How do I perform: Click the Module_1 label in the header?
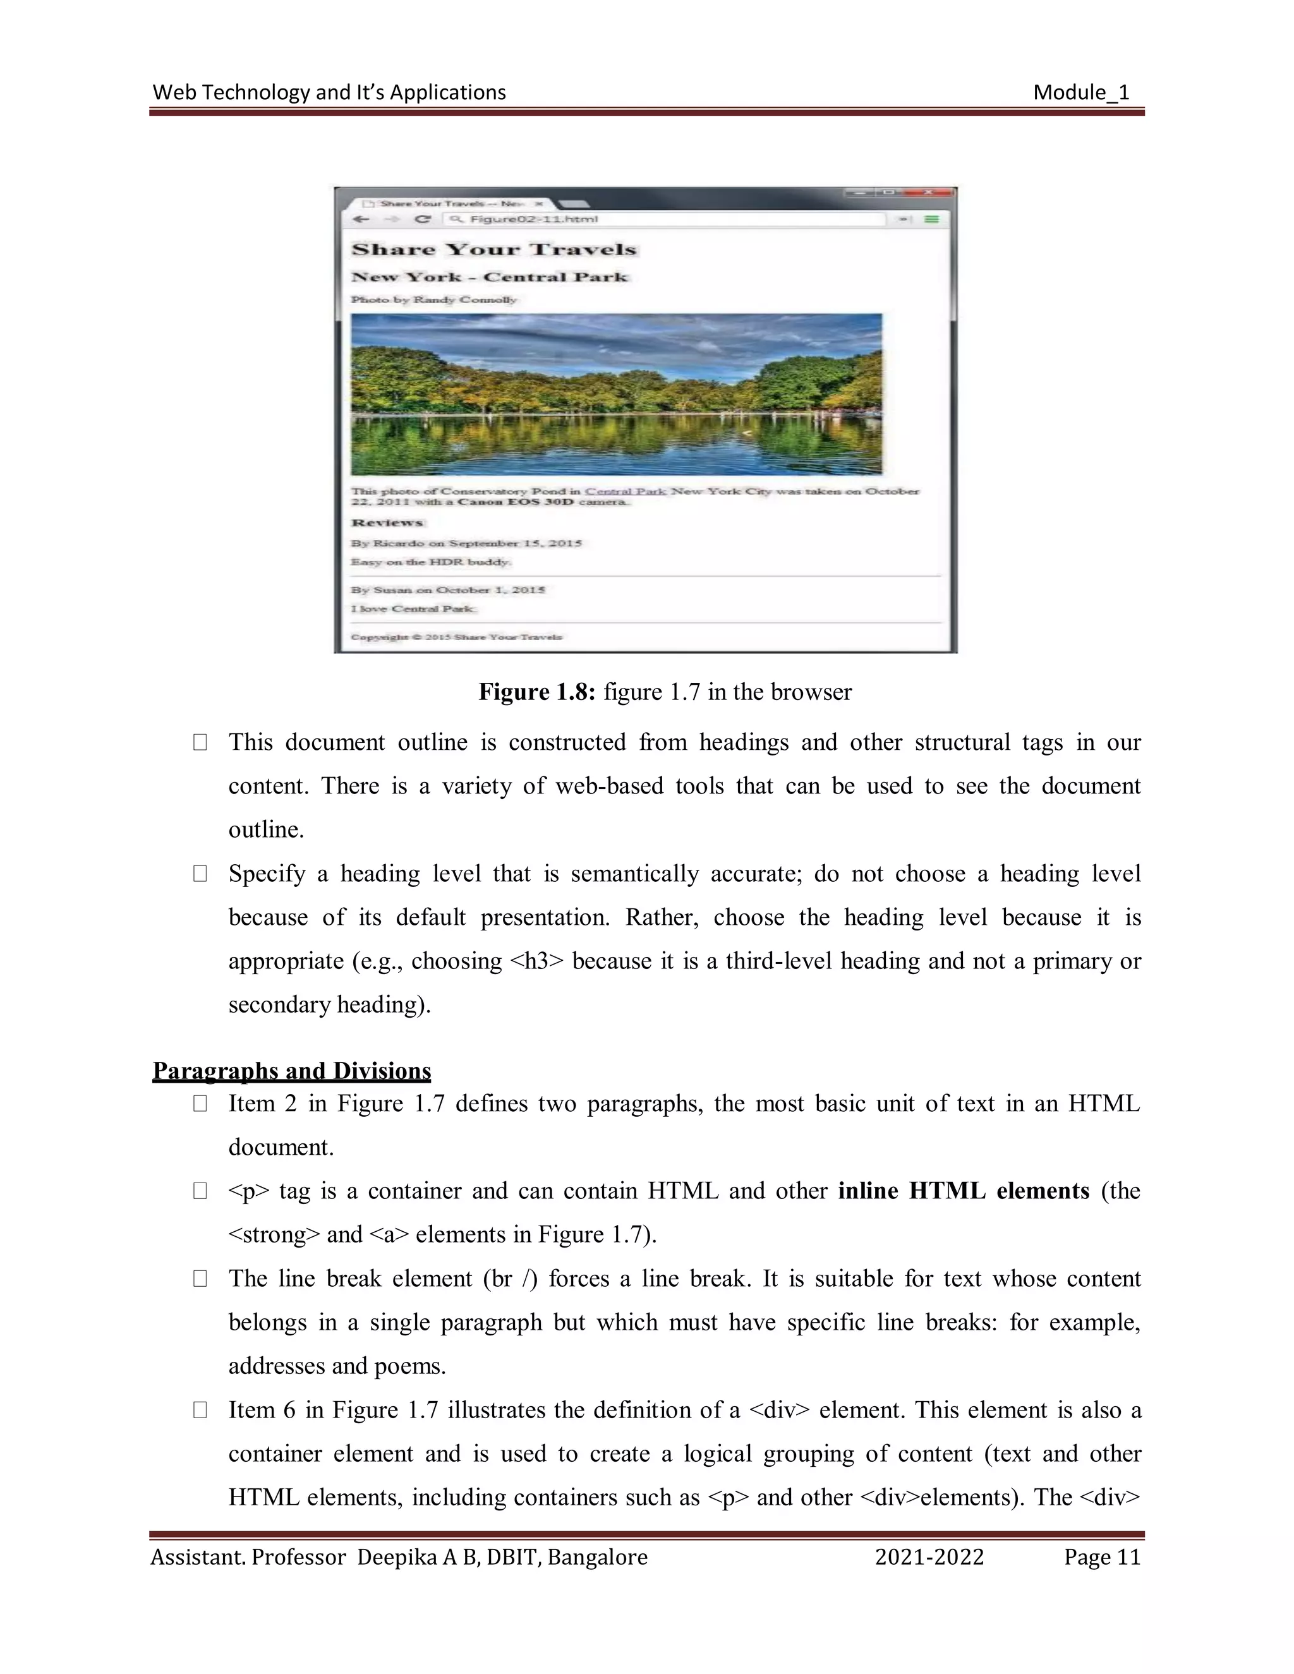pos(1081,93)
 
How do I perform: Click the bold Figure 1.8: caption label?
pos(536,692)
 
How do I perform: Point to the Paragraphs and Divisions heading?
pos(291,1070)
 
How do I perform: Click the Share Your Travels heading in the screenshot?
pos(493,250)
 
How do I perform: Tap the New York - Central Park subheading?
pos(489,277)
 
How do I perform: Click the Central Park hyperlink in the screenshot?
pos(625,491)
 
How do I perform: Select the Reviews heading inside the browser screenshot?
pos(387,523)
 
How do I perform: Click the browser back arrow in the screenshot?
pos(361,220)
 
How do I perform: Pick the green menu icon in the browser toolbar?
pos(931,220)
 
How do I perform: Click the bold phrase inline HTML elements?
pos(964,1191)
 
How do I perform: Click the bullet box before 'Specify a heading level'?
pos(200,874)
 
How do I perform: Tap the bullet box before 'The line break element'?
pos(200,1279)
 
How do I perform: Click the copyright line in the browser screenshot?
pos(456,637)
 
